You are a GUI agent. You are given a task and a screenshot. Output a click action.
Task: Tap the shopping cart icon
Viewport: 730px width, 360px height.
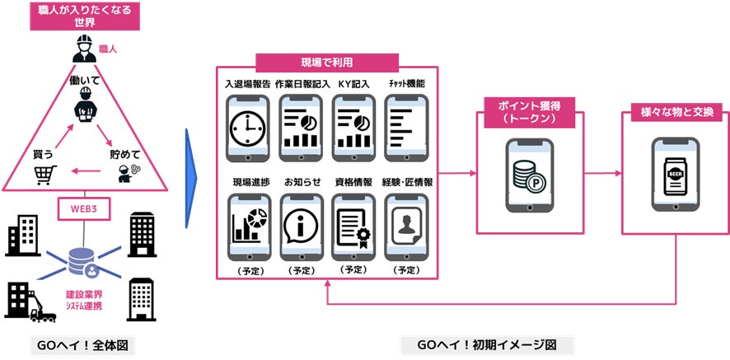(x=45, y=174)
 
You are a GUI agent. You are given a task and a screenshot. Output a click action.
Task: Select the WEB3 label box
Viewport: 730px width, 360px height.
(x=86, y=209)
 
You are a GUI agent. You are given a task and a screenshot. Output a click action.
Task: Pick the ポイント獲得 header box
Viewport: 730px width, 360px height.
(x=530, y=110)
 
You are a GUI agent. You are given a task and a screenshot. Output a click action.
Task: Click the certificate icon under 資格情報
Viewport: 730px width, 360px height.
(x=353, y=225)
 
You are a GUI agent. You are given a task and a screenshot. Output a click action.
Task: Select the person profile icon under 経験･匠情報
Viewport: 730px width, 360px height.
(x=407, y=225)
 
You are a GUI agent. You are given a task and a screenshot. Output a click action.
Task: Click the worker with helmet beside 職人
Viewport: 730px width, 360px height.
(x=85, y=49)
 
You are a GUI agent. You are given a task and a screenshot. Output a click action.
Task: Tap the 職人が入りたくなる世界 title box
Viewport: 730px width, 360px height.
(x=85, y=16)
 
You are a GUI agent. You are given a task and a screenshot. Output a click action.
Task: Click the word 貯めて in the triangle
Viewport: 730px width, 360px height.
(x=125, y=154)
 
